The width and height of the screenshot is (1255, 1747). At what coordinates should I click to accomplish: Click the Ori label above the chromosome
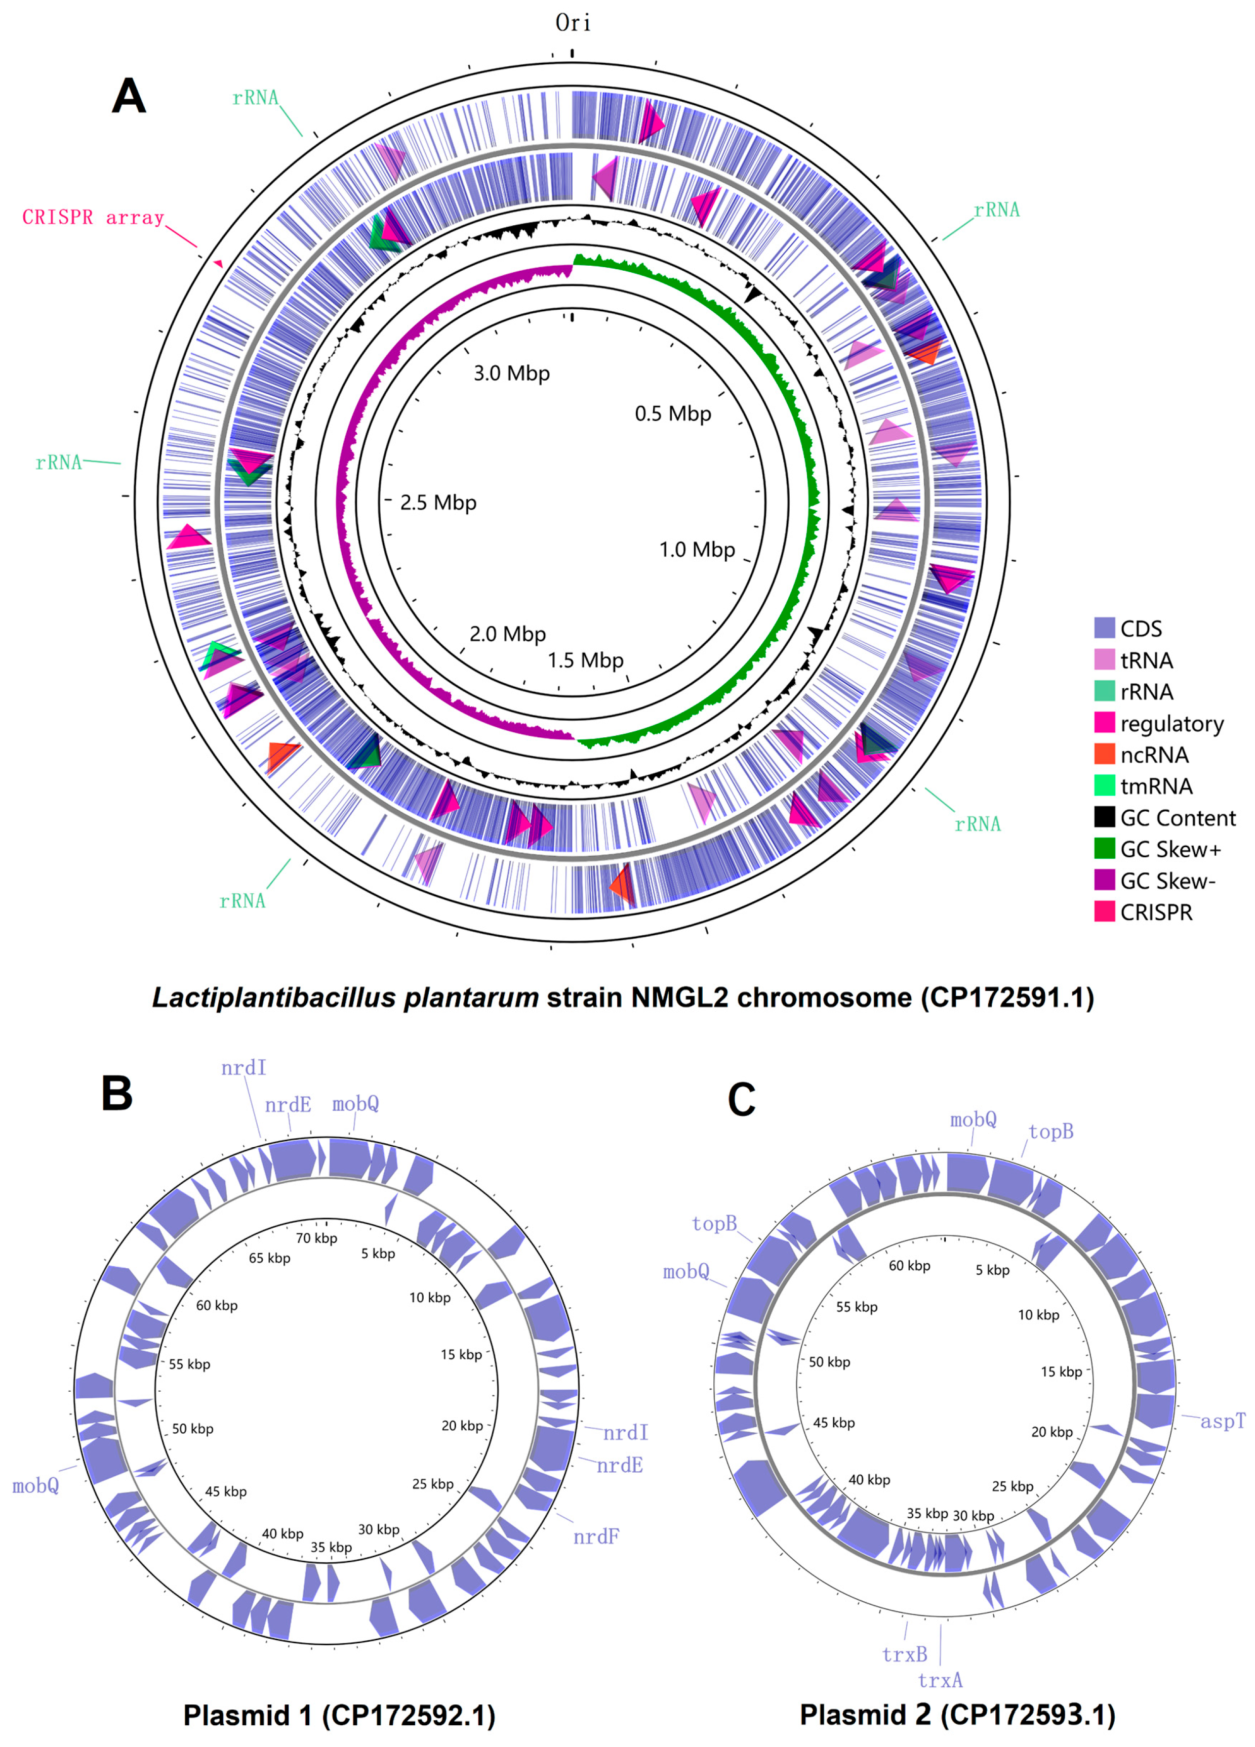tap(573, 23)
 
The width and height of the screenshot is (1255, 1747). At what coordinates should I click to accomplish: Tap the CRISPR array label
tap(93, 218)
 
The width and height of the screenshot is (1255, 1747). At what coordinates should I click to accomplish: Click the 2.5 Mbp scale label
tap(437, 503)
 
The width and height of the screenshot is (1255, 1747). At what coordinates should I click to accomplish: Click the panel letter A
tap(129, 98)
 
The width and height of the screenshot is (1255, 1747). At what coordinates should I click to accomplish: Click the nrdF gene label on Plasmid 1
tap(595, 1537)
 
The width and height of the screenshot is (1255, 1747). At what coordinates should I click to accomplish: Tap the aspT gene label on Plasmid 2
tap(1223, 1421)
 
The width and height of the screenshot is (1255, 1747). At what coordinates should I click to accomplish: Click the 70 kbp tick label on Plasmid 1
tap(316, 1238)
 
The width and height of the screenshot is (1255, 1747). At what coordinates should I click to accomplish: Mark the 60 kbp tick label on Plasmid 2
tap(909, 1266)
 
